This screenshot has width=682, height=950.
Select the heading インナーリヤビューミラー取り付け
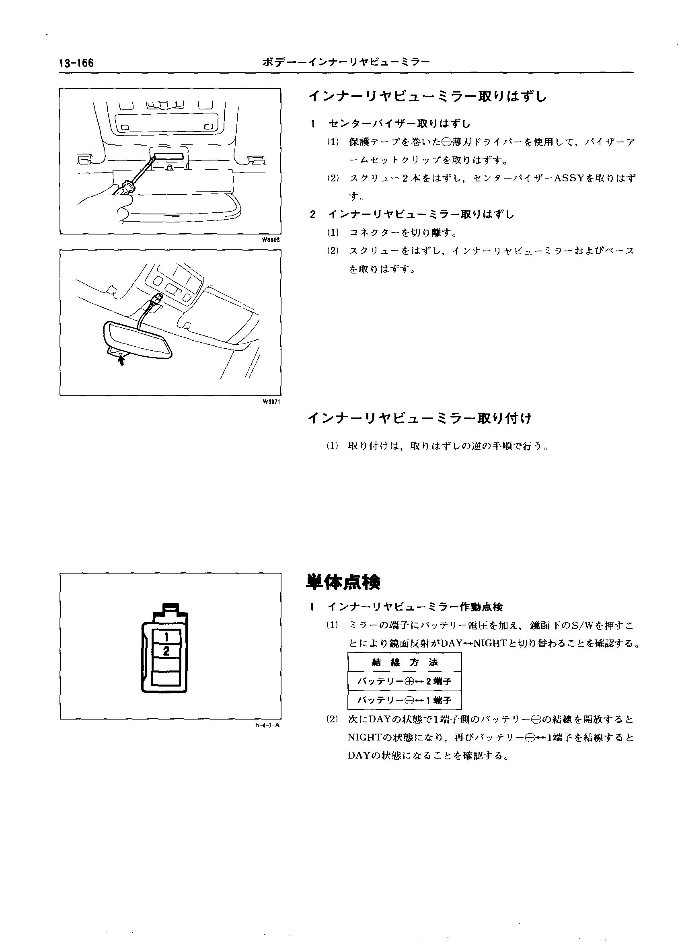pos(419,418)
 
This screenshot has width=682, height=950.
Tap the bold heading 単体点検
pos(343,582)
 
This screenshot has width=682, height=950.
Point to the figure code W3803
pos(271,240)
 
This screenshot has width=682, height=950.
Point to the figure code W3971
pos(271,402)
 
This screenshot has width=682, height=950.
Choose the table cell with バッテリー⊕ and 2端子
pos(405,681)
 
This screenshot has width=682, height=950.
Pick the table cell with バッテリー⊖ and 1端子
pos(405,700)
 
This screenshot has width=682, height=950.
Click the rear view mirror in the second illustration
pos(138,338)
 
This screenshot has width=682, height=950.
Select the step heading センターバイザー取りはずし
pos(399,123)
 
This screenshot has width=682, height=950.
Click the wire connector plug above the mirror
pos(157,299)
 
